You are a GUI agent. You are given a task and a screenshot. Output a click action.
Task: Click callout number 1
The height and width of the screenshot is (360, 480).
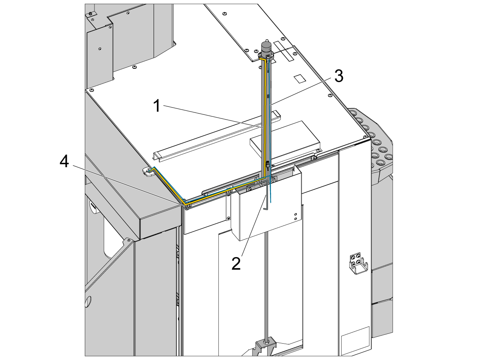coord(157,106)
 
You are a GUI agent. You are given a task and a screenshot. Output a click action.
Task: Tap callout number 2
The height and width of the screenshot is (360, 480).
coord(236,264)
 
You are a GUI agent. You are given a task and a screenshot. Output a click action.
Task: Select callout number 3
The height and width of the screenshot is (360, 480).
coord(339,76)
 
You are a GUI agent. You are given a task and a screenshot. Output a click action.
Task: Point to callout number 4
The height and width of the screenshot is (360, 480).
coord(64,162)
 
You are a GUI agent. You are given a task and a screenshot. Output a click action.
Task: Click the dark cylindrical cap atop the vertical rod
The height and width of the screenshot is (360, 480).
coord(266,48)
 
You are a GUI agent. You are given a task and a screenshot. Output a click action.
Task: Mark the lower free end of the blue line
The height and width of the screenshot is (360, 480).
coord(270,203)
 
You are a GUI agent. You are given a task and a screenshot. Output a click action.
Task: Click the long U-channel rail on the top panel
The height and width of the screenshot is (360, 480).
coord(217,136)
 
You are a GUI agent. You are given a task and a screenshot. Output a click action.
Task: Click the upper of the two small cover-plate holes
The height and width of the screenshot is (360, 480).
coord(296,214)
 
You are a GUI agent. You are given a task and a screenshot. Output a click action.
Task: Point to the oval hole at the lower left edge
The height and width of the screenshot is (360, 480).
coord(88,302)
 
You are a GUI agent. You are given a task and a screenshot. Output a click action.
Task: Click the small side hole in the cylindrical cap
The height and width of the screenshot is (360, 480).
coord(270,46)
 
